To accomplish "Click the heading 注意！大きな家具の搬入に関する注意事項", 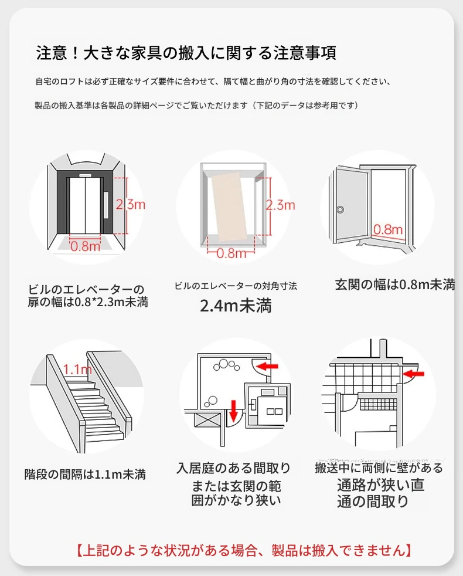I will pos(186,53).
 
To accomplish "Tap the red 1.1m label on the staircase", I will pos(77,370).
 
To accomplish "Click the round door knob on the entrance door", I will pos(339,208).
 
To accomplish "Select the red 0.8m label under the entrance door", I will pos(388,229).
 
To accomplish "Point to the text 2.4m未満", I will pos(236,306).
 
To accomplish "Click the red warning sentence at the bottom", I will pos(243,550).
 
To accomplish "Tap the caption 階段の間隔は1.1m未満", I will pos(85,474).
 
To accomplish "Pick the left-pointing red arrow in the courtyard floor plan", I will pos(268,367).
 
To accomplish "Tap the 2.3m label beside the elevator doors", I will pos(130,205).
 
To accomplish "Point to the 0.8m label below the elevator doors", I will pos(86,246).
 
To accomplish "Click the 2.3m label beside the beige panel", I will pos(280,205).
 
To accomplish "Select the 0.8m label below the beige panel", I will pos(231,253).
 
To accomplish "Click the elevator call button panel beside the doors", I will pos(106,205).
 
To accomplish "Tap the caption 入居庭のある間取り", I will pos(233,468).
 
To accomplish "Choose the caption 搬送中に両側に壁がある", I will pos(379,468).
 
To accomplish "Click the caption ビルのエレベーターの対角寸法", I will pos(236,286).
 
